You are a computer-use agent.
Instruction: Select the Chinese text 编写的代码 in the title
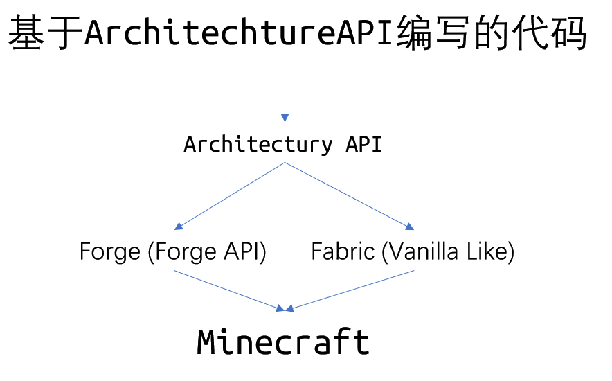click(489, 33)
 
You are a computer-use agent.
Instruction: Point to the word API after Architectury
click(363, 145)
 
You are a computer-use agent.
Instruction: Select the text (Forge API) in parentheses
click(207, 251)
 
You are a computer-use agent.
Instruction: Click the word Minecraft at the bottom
click(284, 342)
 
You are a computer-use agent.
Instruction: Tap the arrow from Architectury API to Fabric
click(346, 194)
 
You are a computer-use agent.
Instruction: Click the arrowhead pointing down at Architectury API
click(285, 118)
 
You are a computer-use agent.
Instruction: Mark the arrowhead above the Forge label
click(179, 226)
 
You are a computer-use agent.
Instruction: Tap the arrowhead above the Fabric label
click(410, 226)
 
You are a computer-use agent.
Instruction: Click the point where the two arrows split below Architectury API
click(285, 163)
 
